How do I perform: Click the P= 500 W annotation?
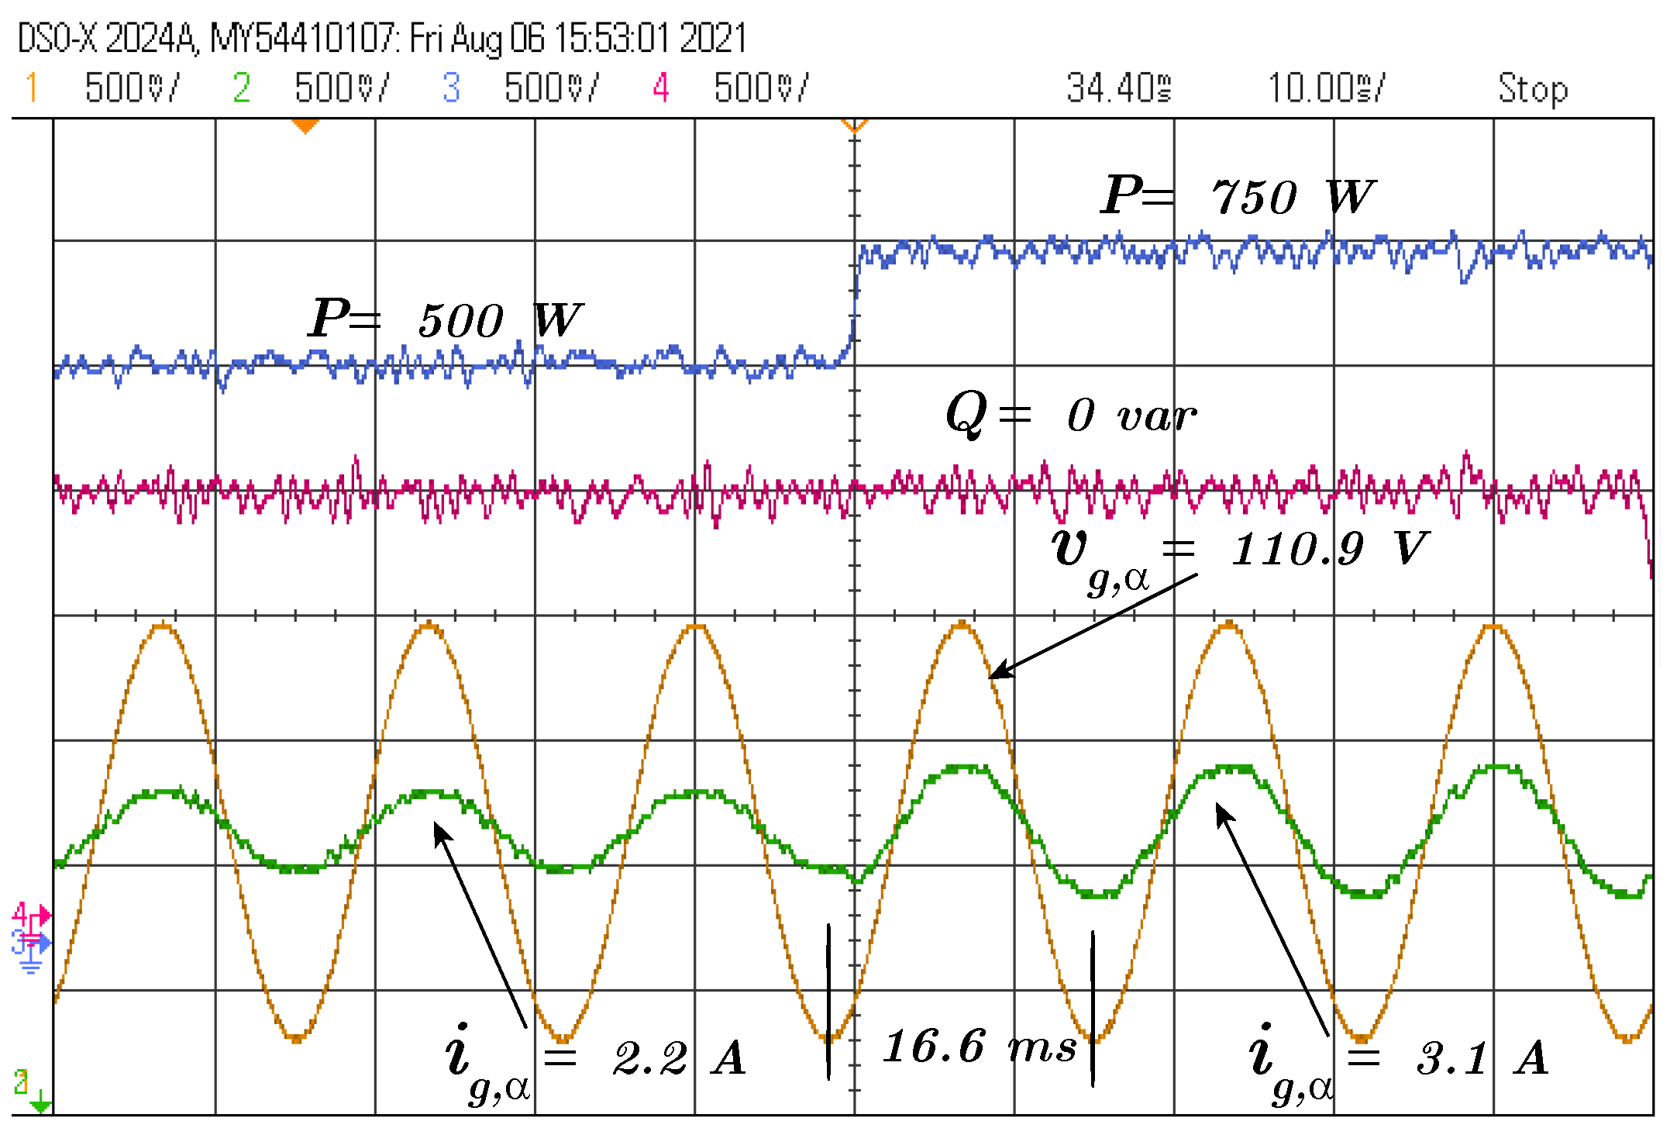click(445, 319)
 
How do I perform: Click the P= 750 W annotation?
click(1238, 195)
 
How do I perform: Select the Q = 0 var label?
click(1070, 414)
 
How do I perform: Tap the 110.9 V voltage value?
click(1329, 548)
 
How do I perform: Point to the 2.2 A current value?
click(679, 1057)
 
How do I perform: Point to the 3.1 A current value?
click(1482, 1057)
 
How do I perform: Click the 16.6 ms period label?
click(980, 1047)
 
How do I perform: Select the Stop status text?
click(1532, 88)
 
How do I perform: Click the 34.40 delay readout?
click(1117, 88)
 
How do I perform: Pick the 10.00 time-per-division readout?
click(1324, 88)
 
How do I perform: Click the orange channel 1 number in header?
click(31, 88)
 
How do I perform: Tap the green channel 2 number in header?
click(241, 88)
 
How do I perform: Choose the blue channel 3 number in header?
click(451, 88)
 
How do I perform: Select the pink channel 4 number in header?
click(660, 88)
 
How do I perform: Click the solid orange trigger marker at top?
click(305, 126)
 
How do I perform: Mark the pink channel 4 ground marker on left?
click(31, 916)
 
